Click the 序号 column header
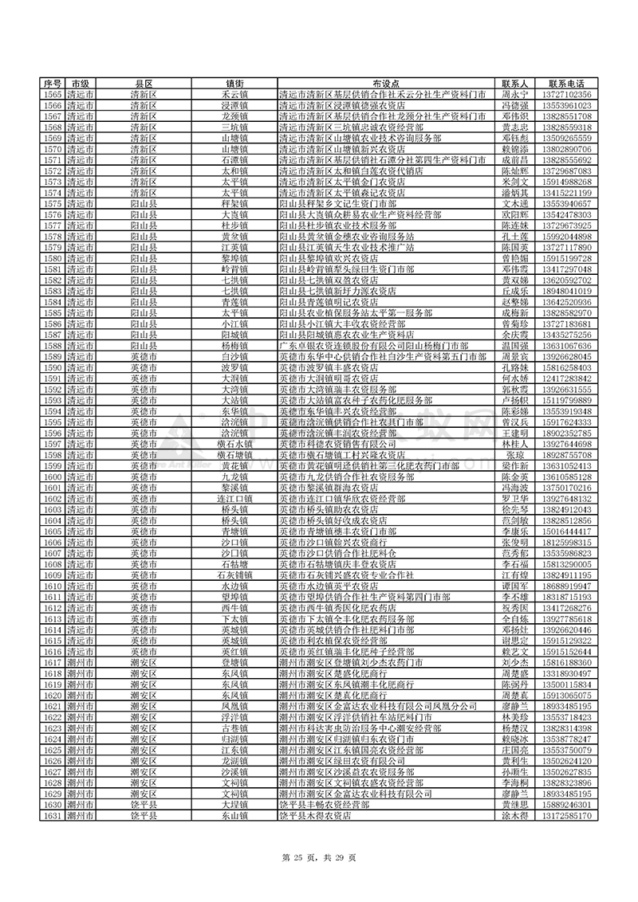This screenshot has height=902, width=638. [53, 84]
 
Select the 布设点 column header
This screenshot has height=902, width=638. [385, 84]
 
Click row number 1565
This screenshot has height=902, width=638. [53, 95]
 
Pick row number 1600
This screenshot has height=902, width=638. [53, 476]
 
